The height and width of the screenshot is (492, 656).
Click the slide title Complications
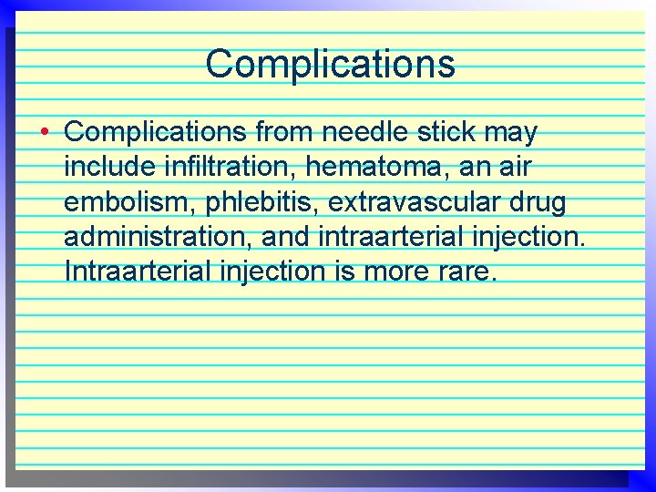[330, 64]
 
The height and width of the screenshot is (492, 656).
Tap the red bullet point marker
[44, 133]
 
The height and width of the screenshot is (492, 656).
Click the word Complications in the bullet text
[155, 133]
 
